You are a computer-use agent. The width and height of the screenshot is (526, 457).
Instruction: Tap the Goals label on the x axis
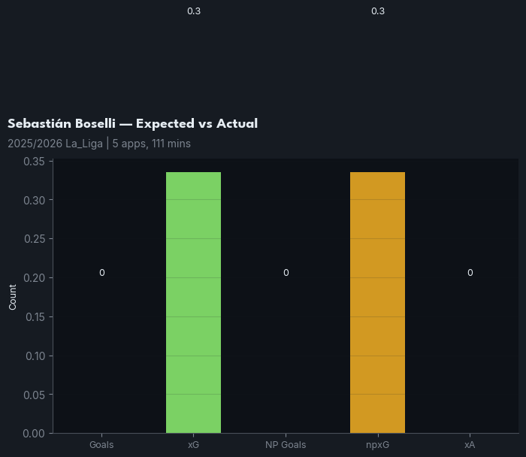101,445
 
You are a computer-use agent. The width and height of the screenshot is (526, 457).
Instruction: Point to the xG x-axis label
193,445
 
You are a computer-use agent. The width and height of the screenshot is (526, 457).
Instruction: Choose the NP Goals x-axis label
286,445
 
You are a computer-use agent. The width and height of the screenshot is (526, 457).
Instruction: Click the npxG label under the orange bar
377,445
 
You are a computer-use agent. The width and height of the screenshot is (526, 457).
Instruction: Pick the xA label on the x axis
470,445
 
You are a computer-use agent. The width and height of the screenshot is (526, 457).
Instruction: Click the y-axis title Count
13,297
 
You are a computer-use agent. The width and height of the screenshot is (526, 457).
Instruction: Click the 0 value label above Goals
101,273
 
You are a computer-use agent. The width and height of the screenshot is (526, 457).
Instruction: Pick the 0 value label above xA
470,273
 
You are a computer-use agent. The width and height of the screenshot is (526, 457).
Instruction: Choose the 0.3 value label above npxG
377,11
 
